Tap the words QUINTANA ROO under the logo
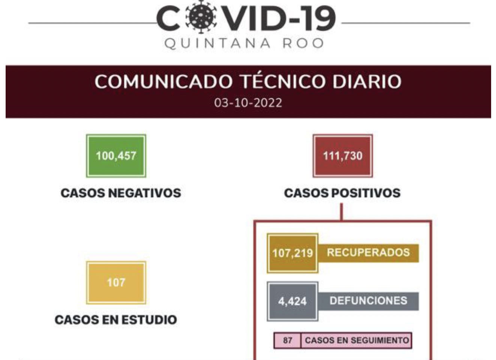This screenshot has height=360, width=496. (x=244, y=43)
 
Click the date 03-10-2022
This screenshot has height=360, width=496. (x=248, y=103)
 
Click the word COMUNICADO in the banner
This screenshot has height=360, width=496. (x=164, y=82)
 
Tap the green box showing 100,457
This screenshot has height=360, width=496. (x=116, y=156)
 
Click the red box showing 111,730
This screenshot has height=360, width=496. (x=343, y=156)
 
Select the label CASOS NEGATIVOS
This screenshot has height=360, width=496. (x=121, y=193)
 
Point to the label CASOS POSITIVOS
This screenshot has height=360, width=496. (x=342, y=193)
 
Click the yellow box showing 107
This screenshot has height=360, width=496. (x=116, y=282)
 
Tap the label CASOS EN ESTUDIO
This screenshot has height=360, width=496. (x=116, y=319)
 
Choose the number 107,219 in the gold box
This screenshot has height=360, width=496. (x=292, y=253)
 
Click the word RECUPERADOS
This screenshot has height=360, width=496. (x=368, y=252)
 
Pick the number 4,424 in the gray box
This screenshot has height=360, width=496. (x=292, y=301)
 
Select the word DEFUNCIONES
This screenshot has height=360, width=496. (x=368, y=301)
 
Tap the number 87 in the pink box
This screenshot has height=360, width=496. (x=287, y=340)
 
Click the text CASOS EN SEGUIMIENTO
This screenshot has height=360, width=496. (x=356, y=340)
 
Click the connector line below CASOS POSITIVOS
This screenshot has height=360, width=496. (x=342, y=212)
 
